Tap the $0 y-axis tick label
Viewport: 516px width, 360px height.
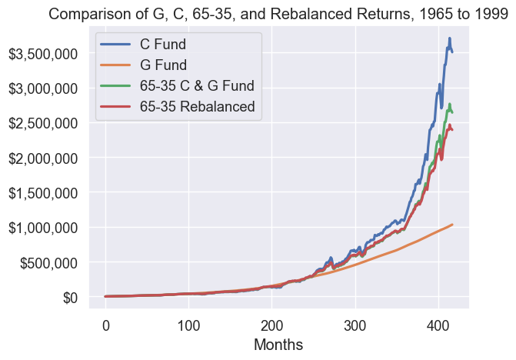pos(70,297)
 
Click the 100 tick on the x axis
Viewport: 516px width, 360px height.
pos(188,323)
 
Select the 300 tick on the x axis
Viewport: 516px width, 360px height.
pos(355,323)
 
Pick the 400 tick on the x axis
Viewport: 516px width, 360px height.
pos(438,323)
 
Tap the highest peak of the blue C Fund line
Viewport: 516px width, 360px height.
pos(450,38)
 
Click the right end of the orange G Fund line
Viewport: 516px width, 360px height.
pos(452,224)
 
